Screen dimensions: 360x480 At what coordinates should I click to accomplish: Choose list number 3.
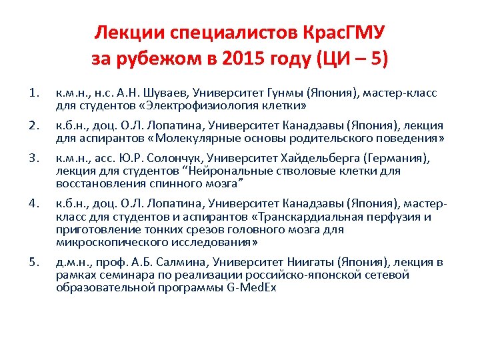pyautogui.click(x=34, y=158)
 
